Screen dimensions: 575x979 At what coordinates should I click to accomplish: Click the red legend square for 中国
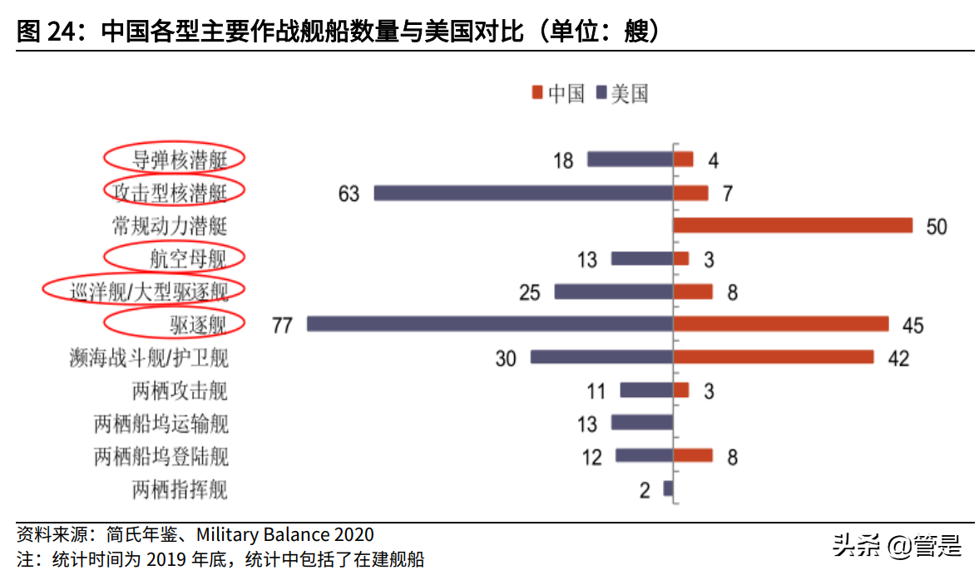[x=536, y=93]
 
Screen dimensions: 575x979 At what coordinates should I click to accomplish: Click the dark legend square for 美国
[x=601, y=93]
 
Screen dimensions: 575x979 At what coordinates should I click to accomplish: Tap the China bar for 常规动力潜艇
[x=793, y=226]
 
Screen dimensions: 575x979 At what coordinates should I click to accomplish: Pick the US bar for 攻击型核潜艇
[x=523, y=193]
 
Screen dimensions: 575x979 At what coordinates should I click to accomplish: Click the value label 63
[x=349, y=194]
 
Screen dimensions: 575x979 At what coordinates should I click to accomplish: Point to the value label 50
[x=937, y=227]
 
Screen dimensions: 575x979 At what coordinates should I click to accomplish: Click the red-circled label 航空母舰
[x=176, y=258]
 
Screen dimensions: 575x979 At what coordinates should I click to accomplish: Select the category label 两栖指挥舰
[x=179, y=489]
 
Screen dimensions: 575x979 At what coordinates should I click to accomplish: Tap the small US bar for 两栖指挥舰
[x=667, y=489]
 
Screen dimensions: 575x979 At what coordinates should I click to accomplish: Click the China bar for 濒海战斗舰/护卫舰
[x=773, y=357]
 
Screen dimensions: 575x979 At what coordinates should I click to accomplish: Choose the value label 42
[x=898, y=358]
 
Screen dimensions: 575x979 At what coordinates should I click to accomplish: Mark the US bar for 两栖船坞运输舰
[x=641, y=423]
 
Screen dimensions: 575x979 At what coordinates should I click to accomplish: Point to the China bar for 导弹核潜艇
[x=683, y=160]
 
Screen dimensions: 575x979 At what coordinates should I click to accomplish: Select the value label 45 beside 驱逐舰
[x=912, y=325]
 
